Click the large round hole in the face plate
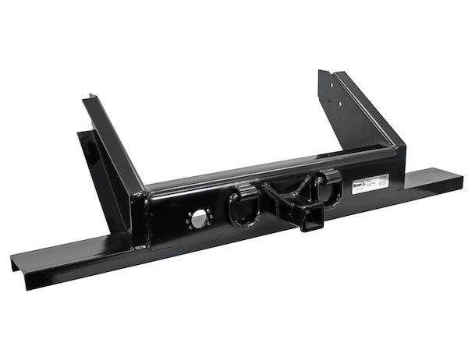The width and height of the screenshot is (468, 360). tap(200, 220)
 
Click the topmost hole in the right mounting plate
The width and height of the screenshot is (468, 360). tap(332, 76)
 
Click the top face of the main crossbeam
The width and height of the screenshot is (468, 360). tap(265, 171)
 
